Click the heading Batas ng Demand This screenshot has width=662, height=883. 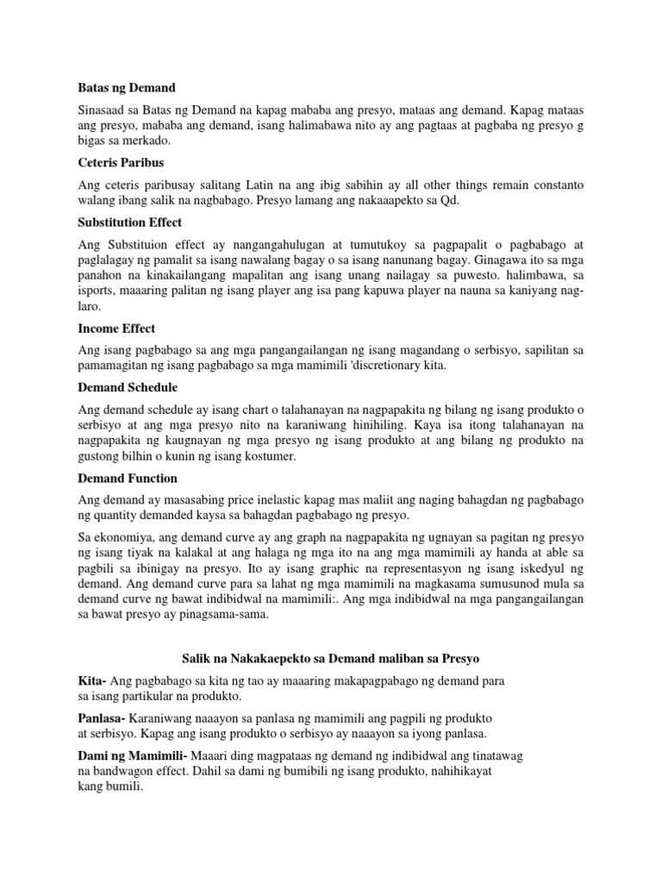[126, 88]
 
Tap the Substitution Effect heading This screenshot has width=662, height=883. [129, 222]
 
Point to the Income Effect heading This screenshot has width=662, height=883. [116, 329]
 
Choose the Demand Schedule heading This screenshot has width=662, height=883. [128, 388]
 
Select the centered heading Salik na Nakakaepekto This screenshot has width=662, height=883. [330, 658]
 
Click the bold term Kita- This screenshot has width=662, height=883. [92, 681]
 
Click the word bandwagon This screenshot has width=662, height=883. [125, 771]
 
